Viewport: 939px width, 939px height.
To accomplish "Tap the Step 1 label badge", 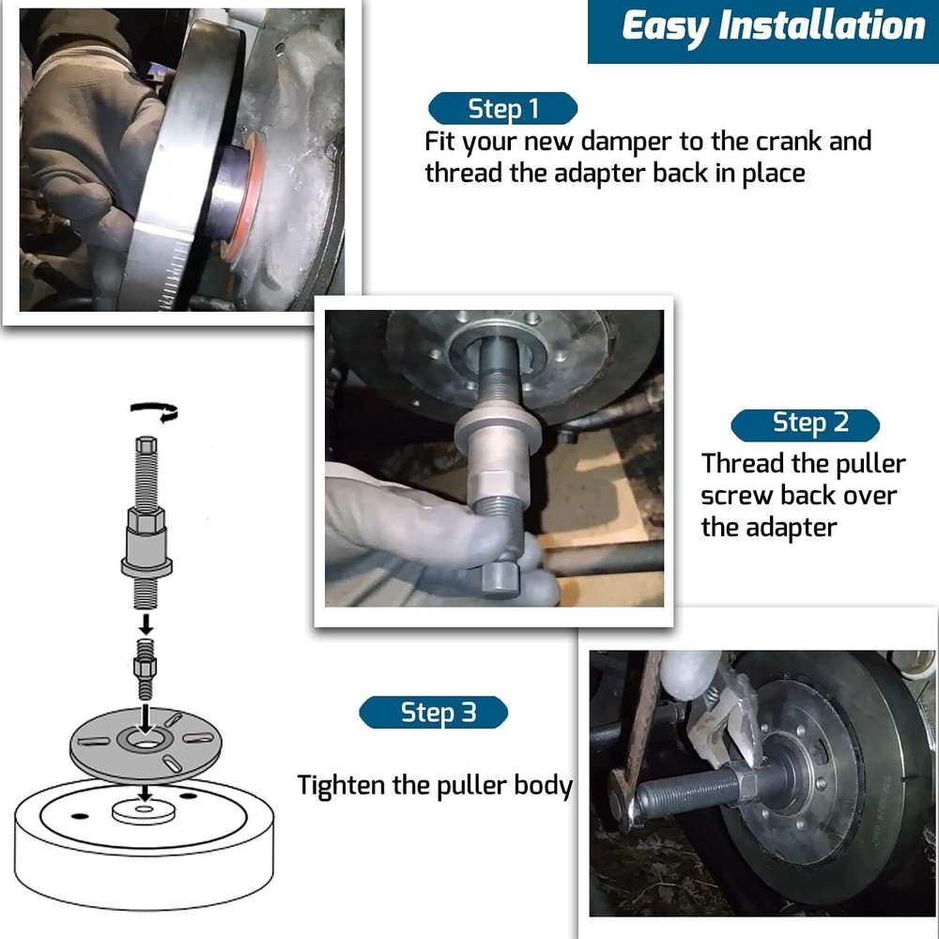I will click(503, 109).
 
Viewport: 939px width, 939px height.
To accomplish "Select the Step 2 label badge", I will click(807, 423).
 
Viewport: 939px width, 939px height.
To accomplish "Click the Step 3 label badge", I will click(433, 713).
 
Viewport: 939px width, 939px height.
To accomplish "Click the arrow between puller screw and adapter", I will click(146, 623).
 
